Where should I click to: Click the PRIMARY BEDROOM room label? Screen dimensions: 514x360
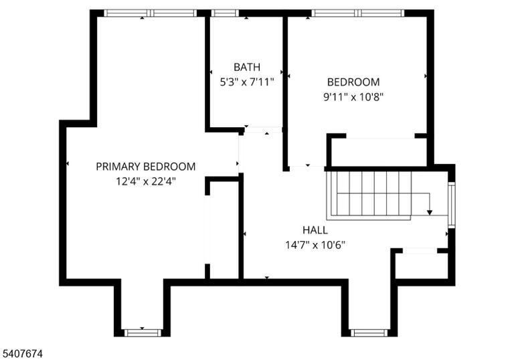(145, 167)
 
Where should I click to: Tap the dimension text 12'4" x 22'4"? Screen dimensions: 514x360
(146, 181)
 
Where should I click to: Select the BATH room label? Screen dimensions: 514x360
(247, 67)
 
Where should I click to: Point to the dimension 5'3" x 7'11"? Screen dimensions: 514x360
(246, 82)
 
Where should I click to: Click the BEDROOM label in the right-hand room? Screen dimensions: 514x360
(353, 82)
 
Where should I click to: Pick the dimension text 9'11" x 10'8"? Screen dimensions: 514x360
(353, 97)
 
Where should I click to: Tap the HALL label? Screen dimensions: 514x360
(315, 230)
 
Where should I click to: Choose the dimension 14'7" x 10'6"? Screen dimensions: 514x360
(315, 245)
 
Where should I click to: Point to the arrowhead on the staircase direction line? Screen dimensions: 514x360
(430, 213)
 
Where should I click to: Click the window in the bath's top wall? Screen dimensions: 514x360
(225, 13)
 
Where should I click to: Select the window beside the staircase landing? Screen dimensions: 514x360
(451, 205)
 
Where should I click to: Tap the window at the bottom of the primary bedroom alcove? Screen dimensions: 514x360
(143, 333)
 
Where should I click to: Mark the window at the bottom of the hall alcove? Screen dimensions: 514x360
(369, 333)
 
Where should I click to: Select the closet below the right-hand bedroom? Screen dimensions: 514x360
(379, 152)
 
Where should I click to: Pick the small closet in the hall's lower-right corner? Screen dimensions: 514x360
(422, 266)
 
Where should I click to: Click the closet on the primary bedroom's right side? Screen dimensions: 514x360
(224, 230)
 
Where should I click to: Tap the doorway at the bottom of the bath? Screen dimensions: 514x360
(263, 130)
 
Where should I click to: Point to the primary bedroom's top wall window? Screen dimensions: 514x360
(151, 13)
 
